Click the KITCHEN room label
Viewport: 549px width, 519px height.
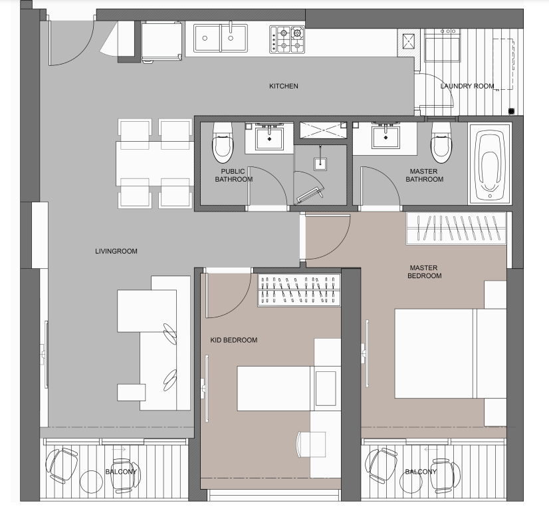283,86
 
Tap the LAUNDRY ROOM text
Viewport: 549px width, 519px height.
467,86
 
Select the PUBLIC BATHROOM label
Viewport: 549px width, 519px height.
237,176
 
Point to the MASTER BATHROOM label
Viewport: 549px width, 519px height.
426,176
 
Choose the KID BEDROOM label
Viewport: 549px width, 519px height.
233,340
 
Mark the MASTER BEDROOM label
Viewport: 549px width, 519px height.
425,271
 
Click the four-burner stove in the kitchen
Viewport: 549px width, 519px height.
287,39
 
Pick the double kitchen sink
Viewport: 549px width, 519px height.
221,39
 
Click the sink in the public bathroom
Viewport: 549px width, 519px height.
269,137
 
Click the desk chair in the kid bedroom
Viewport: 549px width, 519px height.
311,443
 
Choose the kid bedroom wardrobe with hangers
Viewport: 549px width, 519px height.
298,291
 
